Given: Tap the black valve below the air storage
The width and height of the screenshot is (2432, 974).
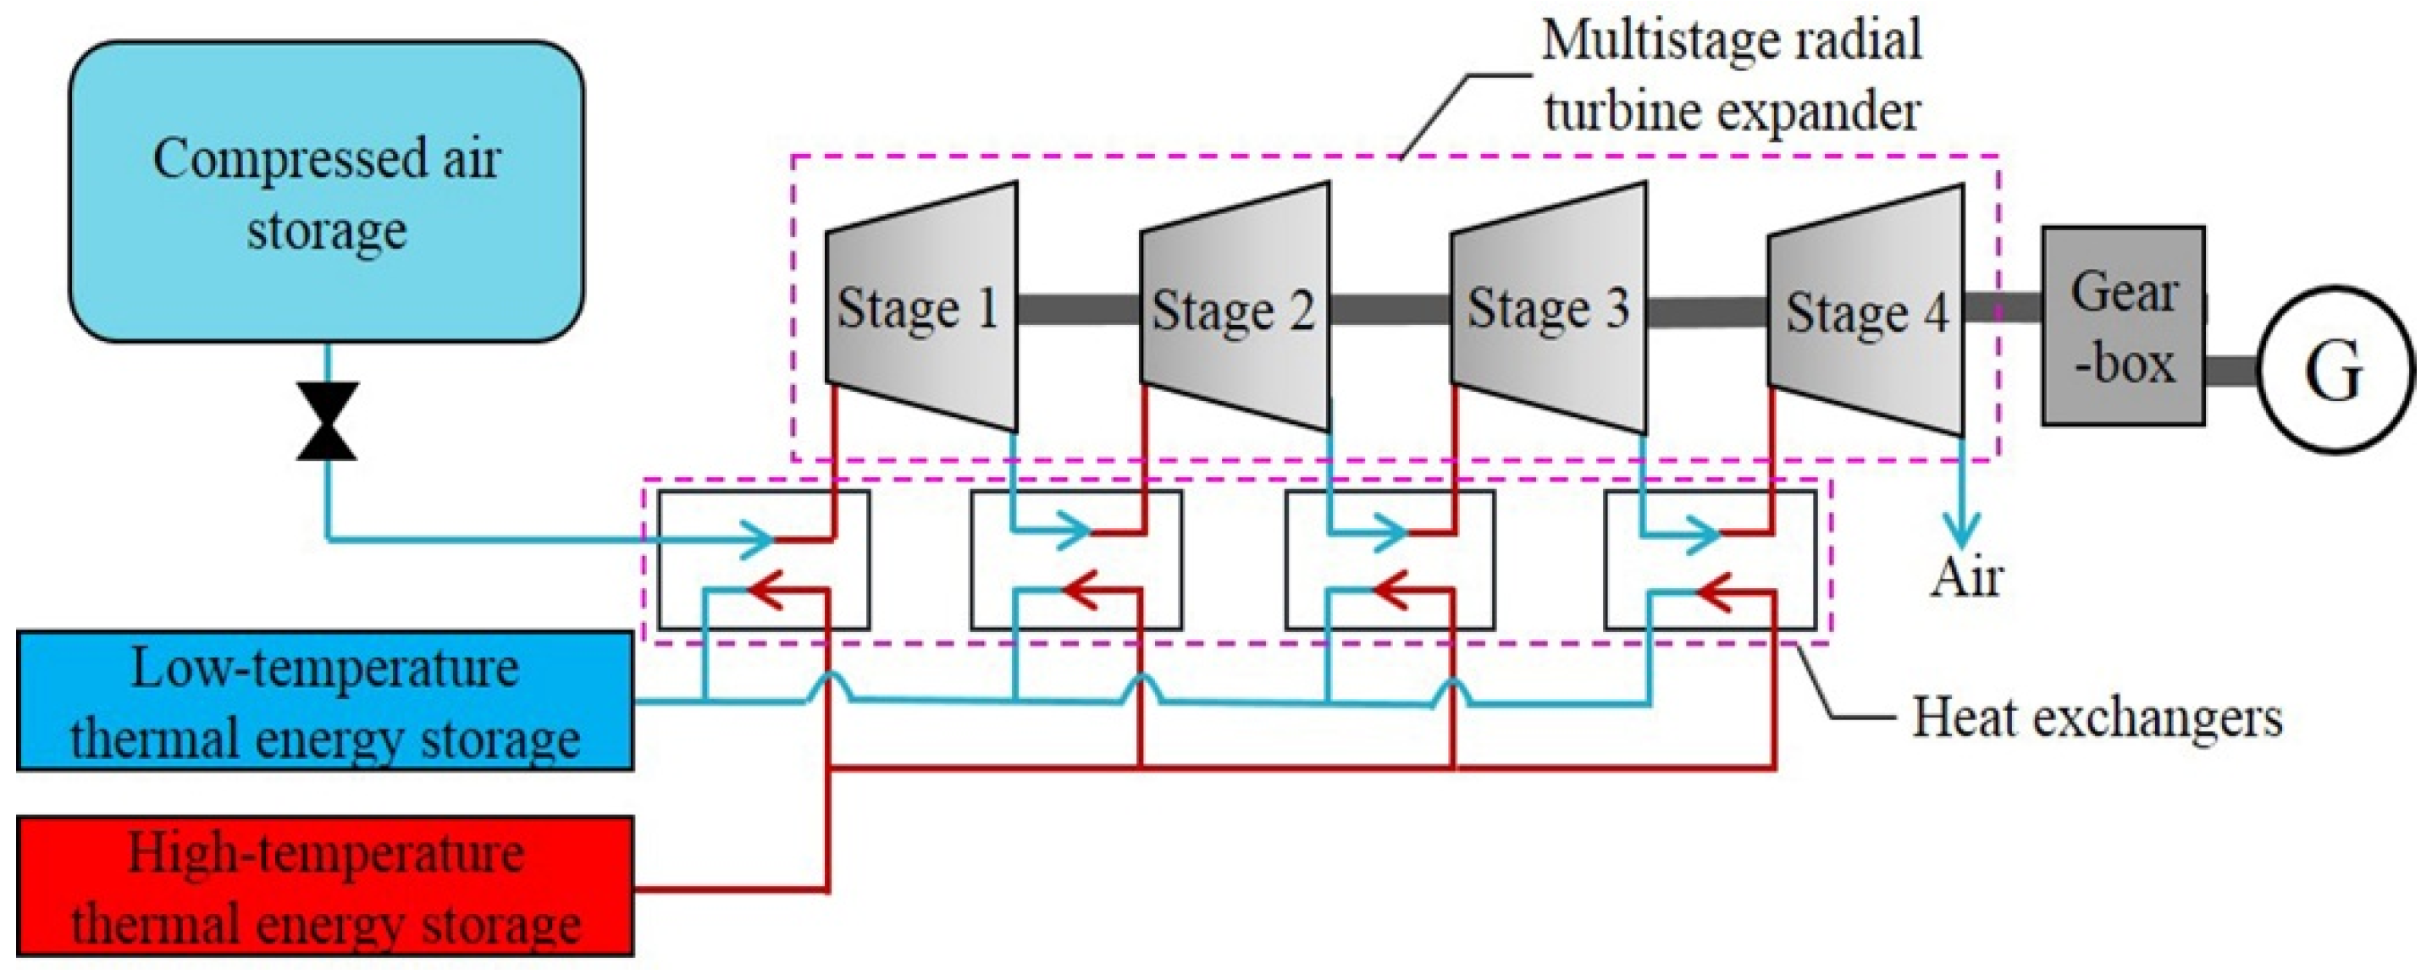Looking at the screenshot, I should click(327, 421).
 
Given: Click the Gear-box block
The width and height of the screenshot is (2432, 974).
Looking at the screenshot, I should click(2123, 326).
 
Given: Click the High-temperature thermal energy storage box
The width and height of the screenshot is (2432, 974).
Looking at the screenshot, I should click(325, 886).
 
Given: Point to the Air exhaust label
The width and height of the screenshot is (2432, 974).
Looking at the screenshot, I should click(1965, 578).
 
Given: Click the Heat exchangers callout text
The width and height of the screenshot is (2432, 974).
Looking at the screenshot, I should click(2097, 718).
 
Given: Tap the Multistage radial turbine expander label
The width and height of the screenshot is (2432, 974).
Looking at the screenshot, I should click(1732, 75).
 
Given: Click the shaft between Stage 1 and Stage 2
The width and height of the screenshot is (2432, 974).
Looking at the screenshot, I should click(1078, 310).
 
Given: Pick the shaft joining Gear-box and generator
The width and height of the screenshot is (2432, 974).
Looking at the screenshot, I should click(2232, 370).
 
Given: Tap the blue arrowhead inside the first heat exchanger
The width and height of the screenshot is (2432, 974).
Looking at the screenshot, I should click(755, 540).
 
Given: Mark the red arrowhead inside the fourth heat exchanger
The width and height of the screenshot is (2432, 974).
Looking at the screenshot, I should click(1714, 592).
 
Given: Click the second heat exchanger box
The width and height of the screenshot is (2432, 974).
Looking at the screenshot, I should click(1076, 559).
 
